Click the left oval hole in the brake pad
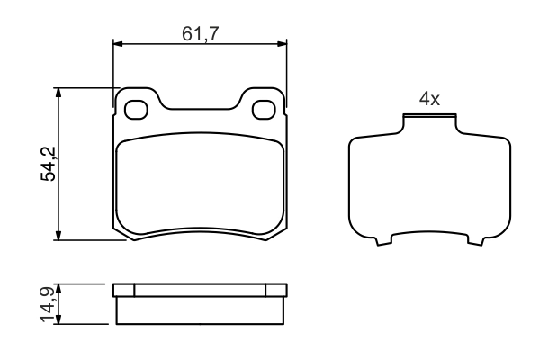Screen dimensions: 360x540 pyautogui.click(x=136, y=110)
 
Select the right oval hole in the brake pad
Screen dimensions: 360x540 pyautogui.click(x=265, y=110)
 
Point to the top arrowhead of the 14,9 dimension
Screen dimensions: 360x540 pyautogui.click(x=58, y=289)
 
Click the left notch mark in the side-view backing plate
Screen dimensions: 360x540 pyautogui.click(x=134, y=291)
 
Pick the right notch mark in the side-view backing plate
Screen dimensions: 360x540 pyautogui.click(x=266, y=291)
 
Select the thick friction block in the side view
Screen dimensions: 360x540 pyautogui.click(x=201, y=310)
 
